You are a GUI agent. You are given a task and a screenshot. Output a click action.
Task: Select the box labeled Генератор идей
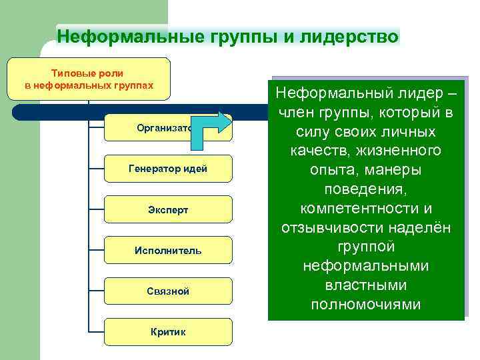point(167,169)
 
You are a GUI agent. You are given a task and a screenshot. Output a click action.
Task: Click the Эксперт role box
point(167,209)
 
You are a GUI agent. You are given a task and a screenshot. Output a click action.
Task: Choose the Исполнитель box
point(167,251)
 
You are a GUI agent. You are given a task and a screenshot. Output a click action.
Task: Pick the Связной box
point(167,291)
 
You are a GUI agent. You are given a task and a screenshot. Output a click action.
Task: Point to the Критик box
point(167,332)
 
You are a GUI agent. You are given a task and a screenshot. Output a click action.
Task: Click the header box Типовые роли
point(89,79)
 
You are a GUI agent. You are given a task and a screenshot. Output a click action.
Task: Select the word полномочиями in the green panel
point(366,305)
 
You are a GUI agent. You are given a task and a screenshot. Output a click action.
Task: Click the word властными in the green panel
point(366,285)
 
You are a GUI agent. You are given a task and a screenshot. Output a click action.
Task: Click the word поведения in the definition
point(366,189)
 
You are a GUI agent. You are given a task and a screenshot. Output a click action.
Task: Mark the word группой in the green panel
point(366,247)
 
